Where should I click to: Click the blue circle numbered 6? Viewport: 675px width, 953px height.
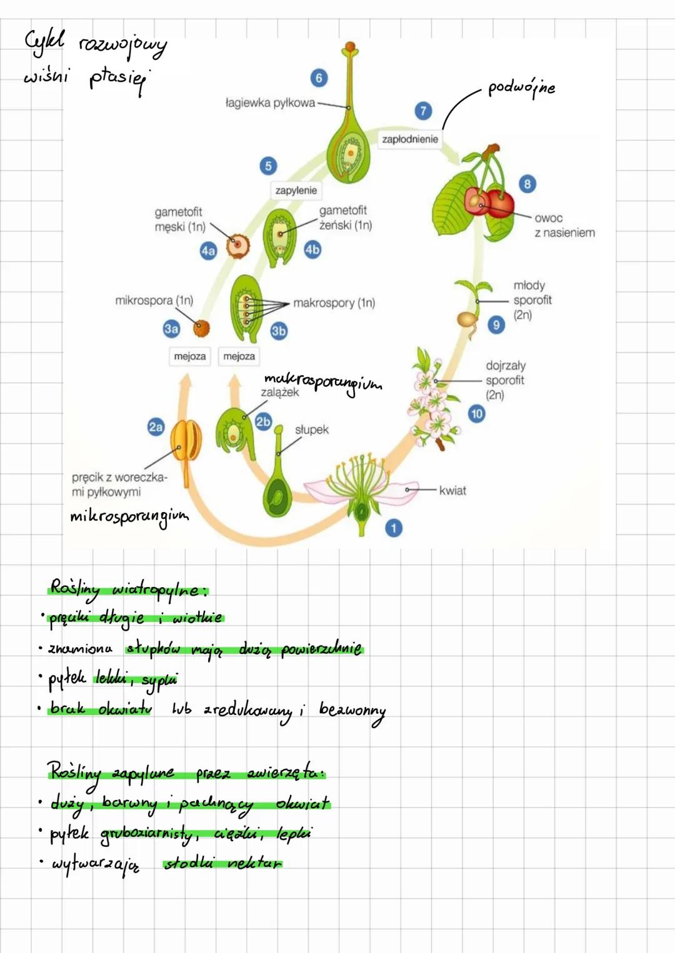319,77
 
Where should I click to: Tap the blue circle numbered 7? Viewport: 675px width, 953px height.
423,111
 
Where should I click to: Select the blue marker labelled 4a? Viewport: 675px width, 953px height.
208,251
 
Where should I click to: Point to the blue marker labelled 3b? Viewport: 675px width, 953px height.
279,331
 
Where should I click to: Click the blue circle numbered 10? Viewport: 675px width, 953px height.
477,413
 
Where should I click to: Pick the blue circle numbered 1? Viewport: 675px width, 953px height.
394,528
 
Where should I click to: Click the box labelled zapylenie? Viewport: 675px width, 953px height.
296,190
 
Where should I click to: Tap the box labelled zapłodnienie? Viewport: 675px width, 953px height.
410,139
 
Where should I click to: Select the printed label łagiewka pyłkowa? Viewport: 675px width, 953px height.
270,103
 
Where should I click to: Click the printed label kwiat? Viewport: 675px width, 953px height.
452,491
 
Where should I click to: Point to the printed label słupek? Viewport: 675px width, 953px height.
312,430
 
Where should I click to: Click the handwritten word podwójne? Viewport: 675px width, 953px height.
521,88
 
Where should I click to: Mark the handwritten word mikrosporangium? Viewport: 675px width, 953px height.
129,517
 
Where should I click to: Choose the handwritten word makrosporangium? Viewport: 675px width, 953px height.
322,381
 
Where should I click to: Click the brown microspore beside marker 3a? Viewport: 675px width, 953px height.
201,328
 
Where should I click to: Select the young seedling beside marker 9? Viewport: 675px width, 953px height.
471,306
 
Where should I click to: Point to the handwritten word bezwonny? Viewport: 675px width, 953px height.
352,711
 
